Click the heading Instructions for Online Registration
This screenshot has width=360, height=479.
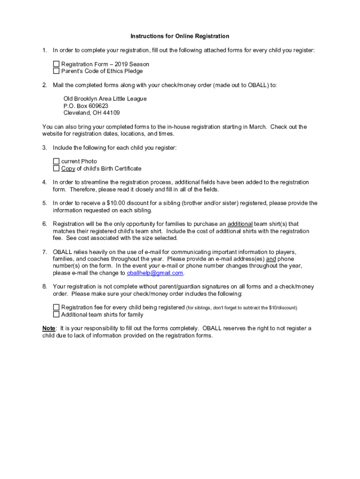(180, 36)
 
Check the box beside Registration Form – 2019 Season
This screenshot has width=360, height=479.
(56, 64)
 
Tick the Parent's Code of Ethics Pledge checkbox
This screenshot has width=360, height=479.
(56, 71)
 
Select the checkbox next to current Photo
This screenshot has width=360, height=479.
(56, 161)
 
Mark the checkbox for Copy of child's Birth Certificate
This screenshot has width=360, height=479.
(56, 168)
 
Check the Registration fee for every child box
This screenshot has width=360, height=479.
(56, 307)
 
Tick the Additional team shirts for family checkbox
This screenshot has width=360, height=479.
(56, 314)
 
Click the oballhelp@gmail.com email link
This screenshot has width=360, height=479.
(155, 273)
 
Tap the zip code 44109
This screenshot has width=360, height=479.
(112, 113)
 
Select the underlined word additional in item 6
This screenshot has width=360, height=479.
(240, 224)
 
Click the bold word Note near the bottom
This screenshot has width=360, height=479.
(49, 328)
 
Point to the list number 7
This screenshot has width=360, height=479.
(44, 252)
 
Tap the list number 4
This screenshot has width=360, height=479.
(44, 182)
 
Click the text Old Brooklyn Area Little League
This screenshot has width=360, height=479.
(105, 99)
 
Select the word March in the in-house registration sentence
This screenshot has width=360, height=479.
(258, 127)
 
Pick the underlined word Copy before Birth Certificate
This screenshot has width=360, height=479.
(68, 168)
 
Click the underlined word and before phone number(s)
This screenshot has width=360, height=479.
(271, 259)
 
